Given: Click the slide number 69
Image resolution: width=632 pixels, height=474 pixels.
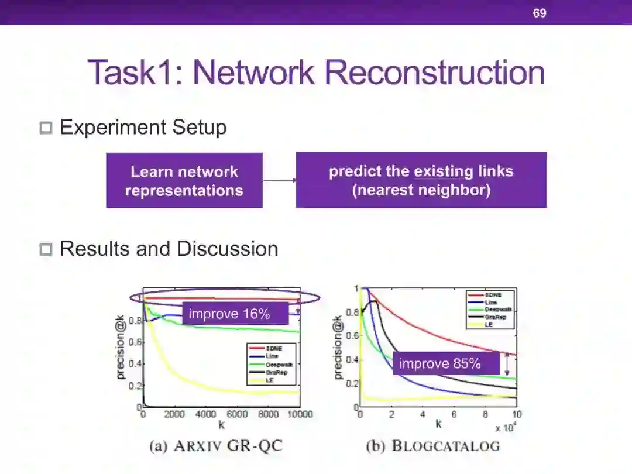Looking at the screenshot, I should point(539,12).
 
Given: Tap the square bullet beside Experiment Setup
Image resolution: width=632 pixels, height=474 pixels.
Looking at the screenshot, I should point(46,128).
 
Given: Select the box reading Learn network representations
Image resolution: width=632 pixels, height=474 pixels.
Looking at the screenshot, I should point(184,181).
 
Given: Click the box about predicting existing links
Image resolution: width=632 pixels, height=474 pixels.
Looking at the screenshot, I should point(421,180).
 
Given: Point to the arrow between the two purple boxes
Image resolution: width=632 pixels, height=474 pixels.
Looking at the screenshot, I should point(279,180).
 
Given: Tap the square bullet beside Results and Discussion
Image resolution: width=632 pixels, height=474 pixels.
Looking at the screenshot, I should point(46,249).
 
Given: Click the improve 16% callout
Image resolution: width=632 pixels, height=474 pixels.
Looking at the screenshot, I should point(229,314).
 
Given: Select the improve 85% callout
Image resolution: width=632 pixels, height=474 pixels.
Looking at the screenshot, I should point(440,364).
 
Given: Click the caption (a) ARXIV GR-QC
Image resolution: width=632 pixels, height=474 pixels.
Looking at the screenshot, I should point(216,446).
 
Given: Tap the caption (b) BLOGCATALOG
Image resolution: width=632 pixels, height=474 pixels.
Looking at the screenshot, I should point(433,446).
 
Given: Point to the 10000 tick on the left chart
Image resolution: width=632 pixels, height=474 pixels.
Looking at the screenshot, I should point(298,414).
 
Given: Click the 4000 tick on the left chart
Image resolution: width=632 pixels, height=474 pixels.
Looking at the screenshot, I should point(206,414).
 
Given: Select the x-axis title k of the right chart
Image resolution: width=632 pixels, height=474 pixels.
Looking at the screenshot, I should point(438,424).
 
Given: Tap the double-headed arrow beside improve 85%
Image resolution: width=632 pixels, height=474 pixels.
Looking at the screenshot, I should point(507,363).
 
